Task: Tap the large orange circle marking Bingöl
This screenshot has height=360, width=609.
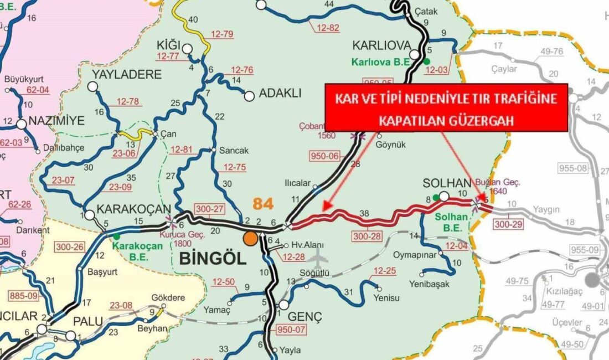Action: click(251, 238)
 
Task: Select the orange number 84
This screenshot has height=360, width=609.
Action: click(263, 204)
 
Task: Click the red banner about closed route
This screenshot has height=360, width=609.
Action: click(446, 107)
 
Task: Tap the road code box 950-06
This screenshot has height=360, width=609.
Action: click(326, 156)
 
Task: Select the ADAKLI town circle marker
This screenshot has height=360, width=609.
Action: click(250, 96)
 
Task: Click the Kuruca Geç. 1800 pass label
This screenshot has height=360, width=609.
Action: click(182, 239)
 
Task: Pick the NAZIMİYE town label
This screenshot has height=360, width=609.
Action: click(55, 121)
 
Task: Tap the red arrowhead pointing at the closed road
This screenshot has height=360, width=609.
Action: click(327, 205)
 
